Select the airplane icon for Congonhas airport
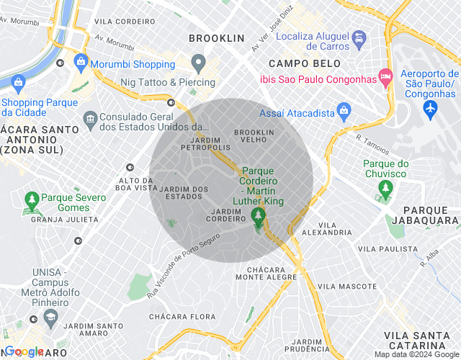[431, 108]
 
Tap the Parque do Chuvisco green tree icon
[385, 189]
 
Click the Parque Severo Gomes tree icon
[31, 198]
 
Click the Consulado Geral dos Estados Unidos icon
[91, 117]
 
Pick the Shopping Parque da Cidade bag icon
[17, 84]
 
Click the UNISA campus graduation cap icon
[33, 319]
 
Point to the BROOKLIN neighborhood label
[216, 37]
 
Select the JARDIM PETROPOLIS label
[200, 143]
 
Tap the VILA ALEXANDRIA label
[327, 229]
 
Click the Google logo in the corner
[24, 351]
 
